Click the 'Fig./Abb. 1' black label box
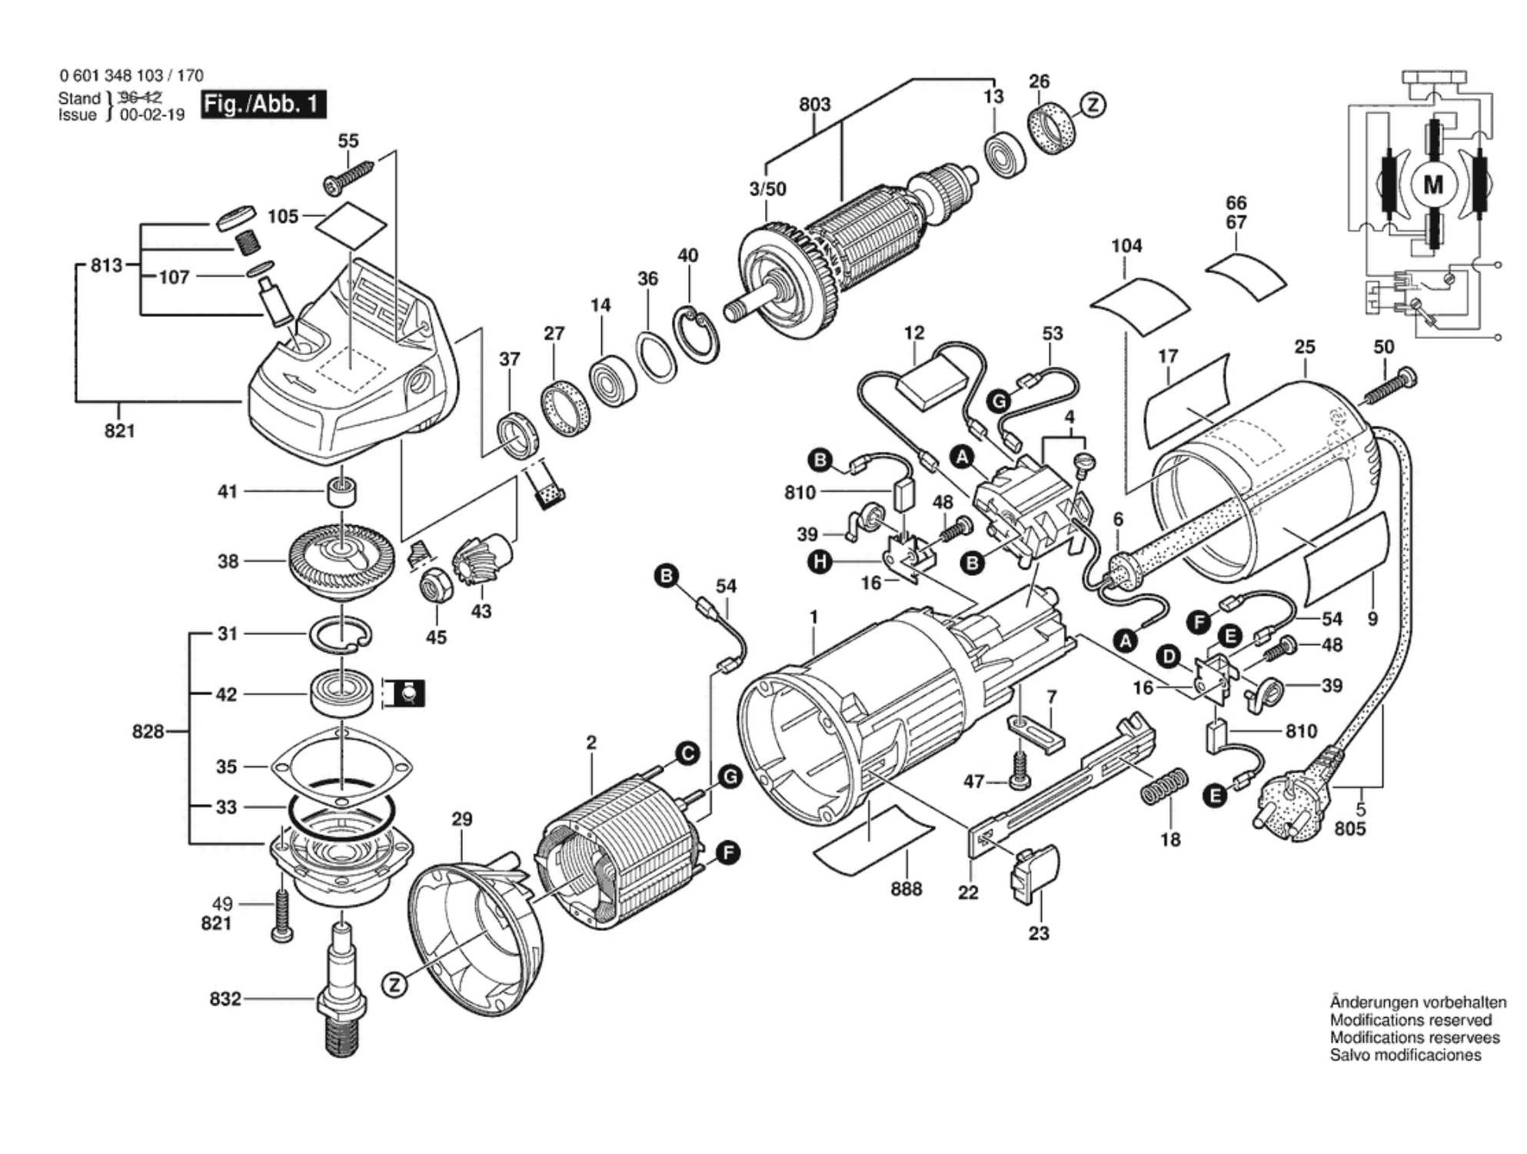[x=264, y=104]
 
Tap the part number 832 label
[x=225, y=999]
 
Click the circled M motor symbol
[x=1433, y=185]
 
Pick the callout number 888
[x=906, y=889]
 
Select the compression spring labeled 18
[x=1163, y=787]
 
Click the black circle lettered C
[x=687, y=753]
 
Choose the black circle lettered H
[x=820, y=562]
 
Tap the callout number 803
[x=814, y=104]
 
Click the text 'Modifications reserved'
[x=1411, y=1020]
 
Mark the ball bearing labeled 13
[x=1005, y=156]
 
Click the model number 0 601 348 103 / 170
[x=131, y=75]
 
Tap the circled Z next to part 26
[x=1093, y=105]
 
